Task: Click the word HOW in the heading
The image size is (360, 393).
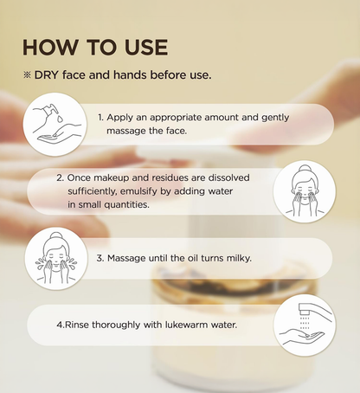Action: click(x=50, y=47)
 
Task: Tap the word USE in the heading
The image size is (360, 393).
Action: click(x=146, y=47)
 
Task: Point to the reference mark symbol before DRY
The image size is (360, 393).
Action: click(x=27, y=75)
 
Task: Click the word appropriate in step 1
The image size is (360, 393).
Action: click(x=176, y=118)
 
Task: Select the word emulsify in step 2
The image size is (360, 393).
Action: click(x=138, y=191)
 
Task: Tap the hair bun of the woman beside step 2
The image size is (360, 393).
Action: click(x=304, y=169)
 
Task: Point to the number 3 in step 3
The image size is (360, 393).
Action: click(x=100, y=258)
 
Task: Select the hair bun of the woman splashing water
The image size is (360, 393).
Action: click(x=55, y=236)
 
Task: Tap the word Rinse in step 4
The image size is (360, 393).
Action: click(x=77, y=325)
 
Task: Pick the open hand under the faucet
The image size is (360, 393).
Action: click(x=302, y=337)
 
